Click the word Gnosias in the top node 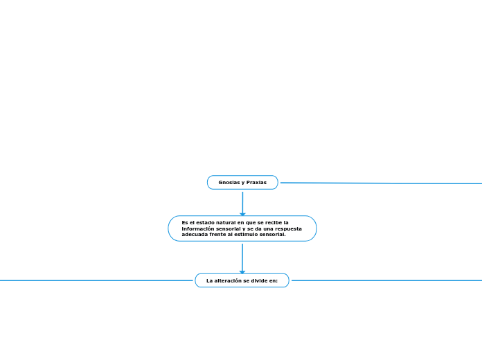click(x=229, y=182)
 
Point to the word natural click(x=225, y=222)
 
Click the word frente click(x=223, y=235)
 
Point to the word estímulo click(x=251, y=235)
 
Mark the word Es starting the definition click(x=185, y=222)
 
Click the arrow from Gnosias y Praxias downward click(x=242, y=202)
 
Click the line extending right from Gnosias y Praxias click(x=381, y=183)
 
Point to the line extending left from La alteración click(x=97, y=280)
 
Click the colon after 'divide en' click(x=277, y=280)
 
